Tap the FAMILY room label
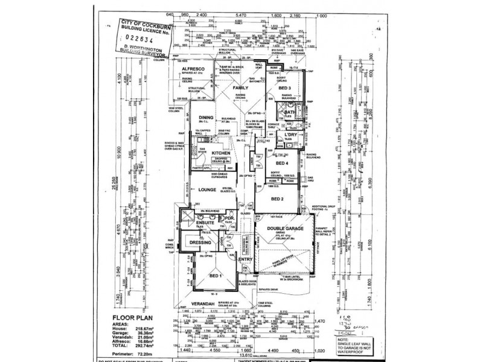(241, 88)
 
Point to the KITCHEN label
(222, 154)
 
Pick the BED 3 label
(286, 89)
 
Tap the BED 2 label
(277, 198)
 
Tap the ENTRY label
(245, 259)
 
